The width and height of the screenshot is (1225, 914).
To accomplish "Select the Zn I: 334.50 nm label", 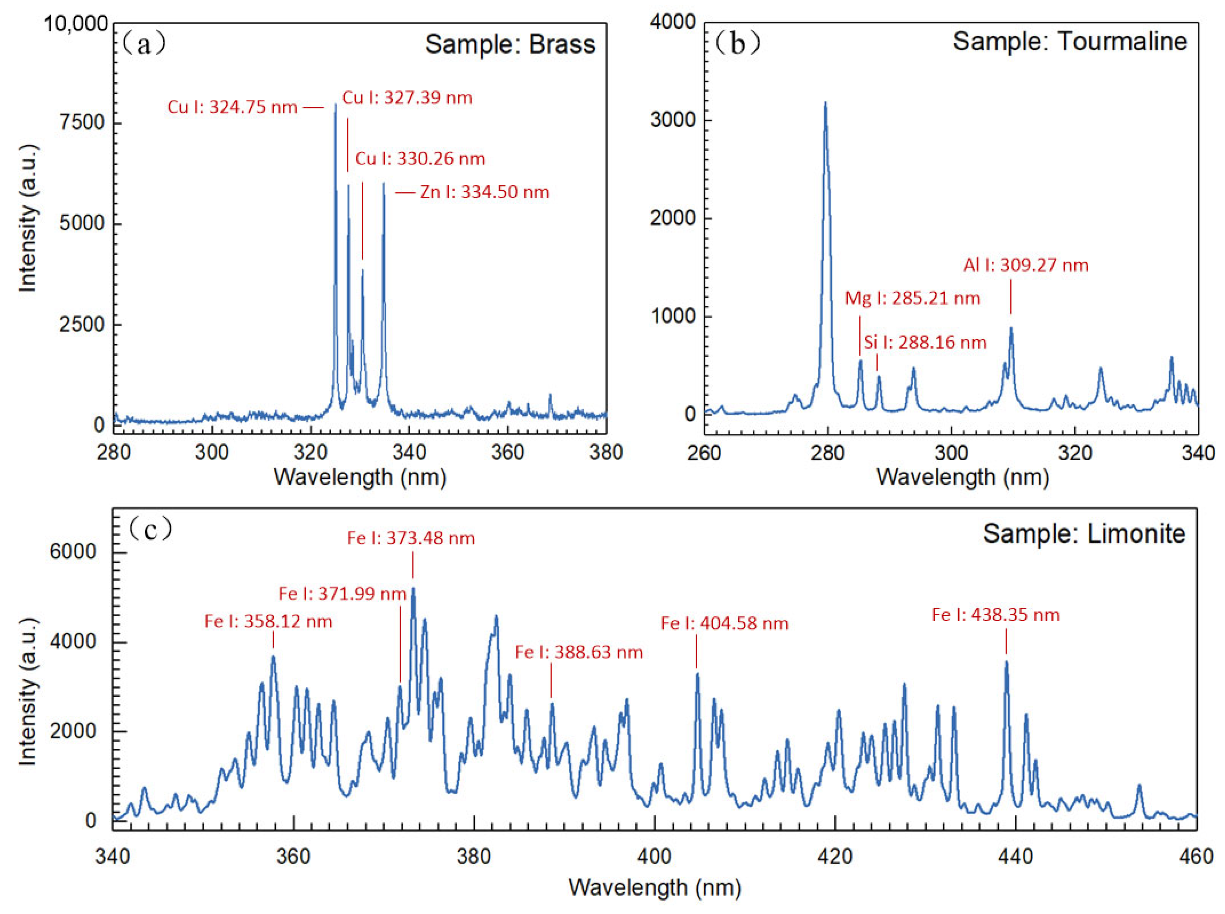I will (484, 193).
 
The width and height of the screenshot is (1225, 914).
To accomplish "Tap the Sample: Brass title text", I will (510, 44).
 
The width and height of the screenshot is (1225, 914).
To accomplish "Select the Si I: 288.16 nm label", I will (925, 343).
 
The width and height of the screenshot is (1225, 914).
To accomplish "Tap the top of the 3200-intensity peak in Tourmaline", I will (825, 103).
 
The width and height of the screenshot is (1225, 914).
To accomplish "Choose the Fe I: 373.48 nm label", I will (411, 538).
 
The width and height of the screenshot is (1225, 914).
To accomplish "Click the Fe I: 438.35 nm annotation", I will (995, 615).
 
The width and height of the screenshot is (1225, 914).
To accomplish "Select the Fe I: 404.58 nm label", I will (724, 624).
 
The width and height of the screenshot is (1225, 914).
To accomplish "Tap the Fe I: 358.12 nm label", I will (268, 622).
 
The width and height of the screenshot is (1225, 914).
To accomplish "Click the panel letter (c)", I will (150, 530).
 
